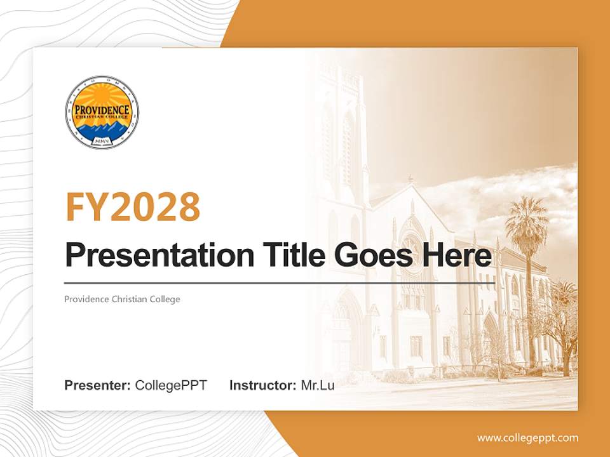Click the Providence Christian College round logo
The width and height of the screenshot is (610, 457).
(x=102, y=112)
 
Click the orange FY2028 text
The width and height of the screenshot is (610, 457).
(x=133, y=206)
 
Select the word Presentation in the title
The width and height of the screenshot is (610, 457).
(x=151, y=256)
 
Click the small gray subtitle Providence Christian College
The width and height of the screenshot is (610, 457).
(x=122, y=299)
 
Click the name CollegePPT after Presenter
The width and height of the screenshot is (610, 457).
(x=171, y=385)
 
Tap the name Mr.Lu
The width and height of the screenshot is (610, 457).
(x=318, y=385)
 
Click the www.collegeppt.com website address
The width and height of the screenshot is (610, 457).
(x=527, y=438)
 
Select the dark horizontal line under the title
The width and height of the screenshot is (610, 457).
(x=280, y=283)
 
